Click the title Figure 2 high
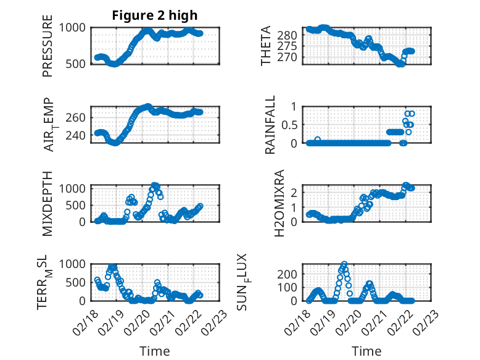(x=154, y=15)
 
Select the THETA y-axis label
(x=266, y=46)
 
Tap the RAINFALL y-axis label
(x=270, y=125)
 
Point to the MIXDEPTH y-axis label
(x=48, y=203)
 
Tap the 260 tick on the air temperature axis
(x=78, y=117)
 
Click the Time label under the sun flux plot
(x=366, y=351)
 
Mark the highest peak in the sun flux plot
(x=344, y=264)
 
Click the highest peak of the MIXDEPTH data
(x=155, y=185)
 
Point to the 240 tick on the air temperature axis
(x=78, y=135)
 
